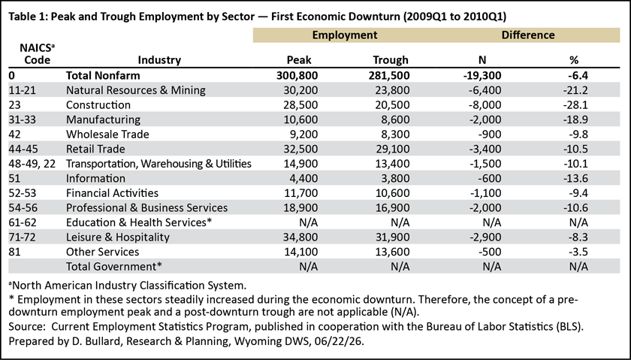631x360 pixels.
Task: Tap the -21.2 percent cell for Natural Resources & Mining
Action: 575,90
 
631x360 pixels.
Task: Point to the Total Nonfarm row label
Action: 103,76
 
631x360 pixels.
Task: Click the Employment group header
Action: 345,35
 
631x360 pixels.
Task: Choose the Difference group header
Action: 528,35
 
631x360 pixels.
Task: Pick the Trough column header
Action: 391,60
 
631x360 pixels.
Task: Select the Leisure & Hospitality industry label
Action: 117,237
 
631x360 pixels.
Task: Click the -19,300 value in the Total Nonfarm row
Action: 482,76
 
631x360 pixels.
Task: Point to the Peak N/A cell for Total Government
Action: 309,267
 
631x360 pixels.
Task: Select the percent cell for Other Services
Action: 578,252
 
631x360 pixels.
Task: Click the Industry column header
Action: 159,60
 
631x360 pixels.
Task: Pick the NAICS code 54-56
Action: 22,207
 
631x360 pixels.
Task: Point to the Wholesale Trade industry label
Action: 107,135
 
